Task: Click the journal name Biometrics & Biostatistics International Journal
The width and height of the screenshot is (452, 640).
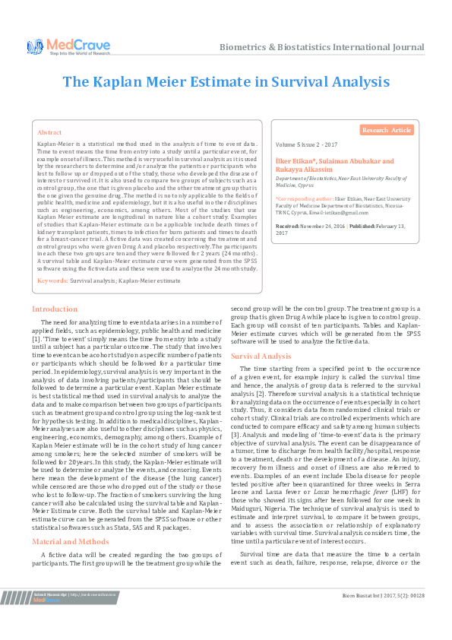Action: point(322,47)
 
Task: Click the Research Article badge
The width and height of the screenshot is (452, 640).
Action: point(386,131)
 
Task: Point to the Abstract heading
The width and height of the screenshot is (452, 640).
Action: point(49,131)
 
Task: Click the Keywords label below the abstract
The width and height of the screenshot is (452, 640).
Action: point(52,281)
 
